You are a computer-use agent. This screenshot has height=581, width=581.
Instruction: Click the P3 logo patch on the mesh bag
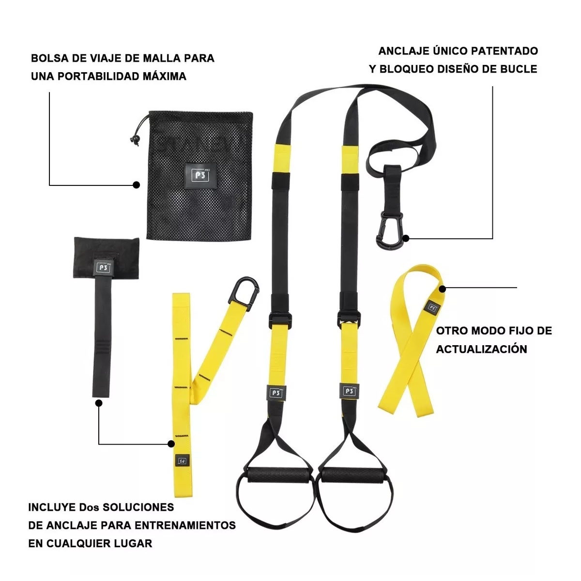[x=200, y=175]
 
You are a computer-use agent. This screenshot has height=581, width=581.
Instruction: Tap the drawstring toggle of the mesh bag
[x=135, y=139]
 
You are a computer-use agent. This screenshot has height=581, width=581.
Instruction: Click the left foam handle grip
[x=278, y=475]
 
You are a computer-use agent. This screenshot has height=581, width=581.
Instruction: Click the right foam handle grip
[x=352, y=475]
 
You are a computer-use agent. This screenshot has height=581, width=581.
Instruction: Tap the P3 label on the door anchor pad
[x=103, y=267]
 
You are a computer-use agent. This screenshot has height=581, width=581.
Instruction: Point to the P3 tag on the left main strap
[x=276, y=393]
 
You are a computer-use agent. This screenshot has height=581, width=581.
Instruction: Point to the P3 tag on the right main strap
[x=350, y=391]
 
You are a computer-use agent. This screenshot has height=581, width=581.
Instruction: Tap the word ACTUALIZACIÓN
[x=481, y=349]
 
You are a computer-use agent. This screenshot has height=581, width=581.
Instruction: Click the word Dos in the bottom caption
[x=90, y=507]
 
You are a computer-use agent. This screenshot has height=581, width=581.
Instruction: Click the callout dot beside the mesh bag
[x=136, y=185]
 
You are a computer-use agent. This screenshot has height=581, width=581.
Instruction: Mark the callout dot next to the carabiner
[x=406, y=239]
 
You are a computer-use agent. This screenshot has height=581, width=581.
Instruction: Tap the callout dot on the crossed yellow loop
[x=442, y=289]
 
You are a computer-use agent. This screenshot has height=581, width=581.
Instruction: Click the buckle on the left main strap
[x=280, y=321]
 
